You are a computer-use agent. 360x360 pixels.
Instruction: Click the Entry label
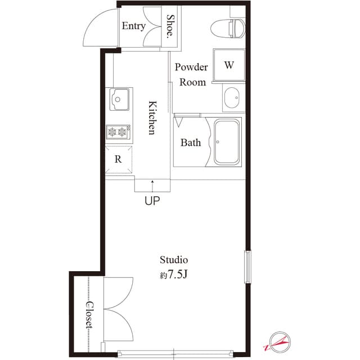point(133,26)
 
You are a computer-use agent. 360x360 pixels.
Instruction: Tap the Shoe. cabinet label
point(171,25)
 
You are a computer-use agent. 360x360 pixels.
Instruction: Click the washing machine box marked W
point(228,65)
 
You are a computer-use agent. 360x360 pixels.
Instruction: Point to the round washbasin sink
point(231,99)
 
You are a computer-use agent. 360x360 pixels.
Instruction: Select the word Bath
point(191,143)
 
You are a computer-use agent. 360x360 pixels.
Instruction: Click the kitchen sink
point(120,100)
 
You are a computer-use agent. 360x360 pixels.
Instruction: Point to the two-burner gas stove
point(119,133)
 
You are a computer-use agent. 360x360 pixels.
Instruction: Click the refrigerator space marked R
point(118,159)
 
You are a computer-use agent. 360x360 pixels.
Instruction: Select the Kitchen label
point(151,118)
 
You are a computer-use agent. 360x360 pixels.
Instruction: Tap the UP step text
point(152,201)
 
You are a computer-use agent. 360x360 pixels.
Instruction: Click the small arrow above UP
point(152,185)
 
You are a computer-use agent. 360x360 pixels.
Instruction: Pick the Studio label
point(173,260)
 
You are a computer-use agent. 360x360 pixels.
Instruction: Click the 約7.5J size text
point(173,276)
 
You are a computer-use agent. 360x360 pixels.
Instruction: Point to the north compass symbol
point(280,341)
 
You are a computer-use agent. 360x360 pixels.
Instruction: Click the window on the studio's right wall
point(246,266)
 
